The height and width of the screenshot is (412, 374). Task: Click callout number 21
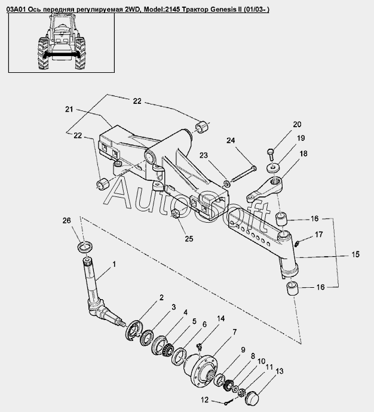[x=69, y=109]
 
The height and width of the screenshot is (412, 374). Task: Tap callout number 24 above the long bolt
[x=231, y=140]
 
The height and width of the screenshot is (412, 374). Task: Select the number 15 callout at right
[x=355, y=254]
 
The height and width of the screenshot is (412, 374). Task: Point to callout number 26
[x=67, y=220]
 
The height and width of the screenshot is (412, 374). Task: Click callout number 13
[x=280, y=371]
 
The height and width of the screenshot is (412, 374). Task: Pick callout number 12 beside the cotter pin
[x=204, y=400]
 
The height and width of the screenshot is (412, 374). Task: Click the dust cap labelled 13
[x=252, y=398]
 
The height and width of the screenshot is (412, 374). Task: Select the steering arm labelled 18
[x=265, y=190]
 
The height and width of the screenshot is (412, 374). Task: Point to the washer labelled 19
[x=274, y=168]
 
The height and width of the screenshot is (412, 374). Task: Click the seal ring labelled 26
[x=85, y=247]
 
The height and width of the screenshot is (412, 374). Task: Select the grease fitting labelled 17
[x=298, y=244]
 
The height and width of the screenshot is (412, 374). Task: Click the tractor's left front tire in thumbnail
[x=81, y=53]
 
